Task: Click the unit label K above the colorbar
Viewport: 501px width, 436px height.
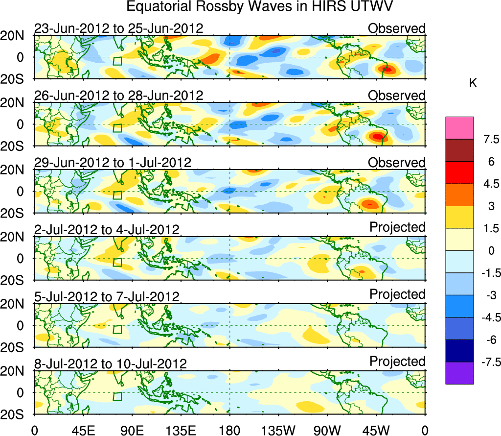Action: click(x=473, y=84)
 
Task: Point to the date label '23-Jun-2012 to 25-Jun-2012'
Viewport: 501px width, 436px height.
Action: click(x=118, y=28)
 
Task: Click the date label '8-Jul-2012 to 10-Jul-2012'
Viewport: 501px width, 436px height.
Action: click(x=111, y=364)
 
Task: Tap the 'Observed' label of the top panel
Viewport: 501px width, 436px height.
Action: click(x=397, y=28)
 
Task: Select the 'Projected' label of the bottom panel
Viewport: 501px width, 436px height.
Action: click(x=397, y=362)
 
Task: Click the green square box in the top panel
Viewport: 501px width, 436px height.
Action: click(x=117, y=61)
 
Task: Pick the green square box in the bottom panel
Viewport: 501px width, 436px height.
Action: click(x=117, y=396)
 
